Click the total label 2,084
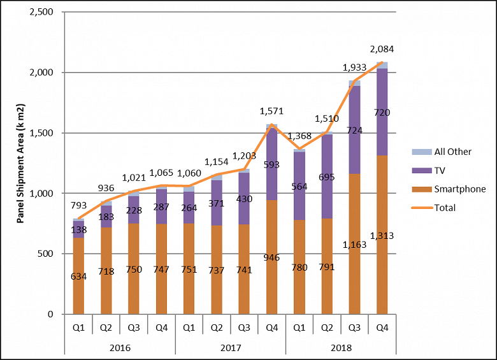click(x=382, y=50)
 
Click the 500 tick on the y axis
click(x=47, y=254)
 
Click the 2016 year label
click(x=119, y=348)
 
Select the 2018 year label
click(x=341, y=348)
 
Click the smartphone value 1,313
click(x=382, y=236)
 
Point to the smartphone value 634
click(x=78, y=277)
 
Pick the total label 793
click(x=78, y=206)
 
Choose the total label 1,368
click(x=299, y=136)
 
